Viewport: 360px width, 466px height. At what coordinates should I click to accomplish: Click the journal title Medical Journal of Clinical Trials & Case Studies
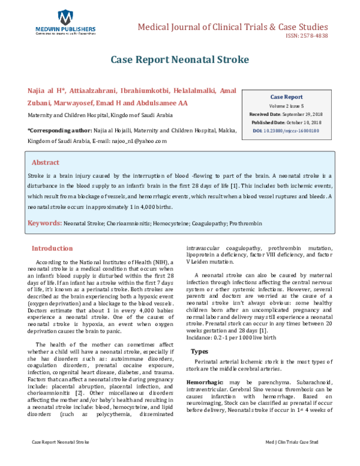(x=233, y=27)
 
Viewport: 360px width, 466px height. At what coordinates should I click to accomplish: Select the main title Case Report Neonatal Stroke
(x=179, y=60)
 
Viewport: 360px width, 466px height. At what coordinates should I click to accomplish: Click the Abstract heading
(x=45, y=162)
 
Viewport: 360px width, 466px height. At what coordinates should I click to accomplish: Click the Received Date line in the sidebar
(x=286, y=114)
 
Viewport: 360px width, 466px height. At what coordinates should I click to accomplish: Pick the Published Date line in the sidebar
(x=286, y=122)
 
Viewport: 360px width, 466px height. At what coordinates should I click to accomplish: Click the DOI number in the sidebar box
(x=286, y=130)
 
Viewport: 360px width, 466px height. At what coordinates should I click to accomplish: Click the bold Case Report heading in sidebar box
(x=286, y=96)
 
